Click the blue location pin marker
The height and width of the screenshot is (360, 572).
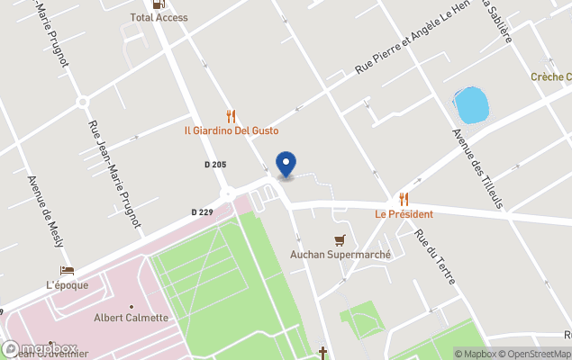click(286, 164)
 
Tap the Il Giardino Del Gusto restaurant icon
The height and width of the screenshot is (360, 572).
click(232, 116)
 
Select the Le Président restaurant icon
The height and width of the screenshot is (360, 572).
click(404, 199)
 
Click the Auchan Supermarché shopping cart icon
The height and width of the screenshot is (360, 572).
click(340, 239)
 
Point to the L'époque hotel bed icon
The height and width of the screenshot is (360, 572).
click(67, 270)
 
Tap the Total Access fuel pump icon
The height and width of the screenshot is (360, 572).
click(159, 4)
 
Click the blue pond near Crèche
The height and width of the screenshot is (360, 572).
click(472, 106)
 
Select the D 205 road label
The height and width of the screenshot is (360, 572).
click(214, 165)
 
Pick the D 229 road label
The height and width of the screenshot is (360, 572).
click(202, 212)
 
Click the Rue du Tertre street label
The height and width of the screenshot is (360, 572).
click(434, 257)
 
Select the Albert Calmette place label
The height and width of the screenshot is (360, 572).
click(132, 318)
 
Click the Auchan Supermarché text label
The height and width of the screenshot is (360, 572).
click(340, 255)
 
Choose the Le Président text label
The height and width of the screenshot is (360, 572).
click(404, 214)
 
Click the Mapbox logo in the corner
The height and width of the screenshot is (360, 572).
click(40, 349)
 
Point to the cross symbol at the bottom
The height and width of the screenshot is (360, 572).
click(322, 352)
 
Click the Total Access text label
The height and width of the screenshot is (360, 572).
click(159, 17)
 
